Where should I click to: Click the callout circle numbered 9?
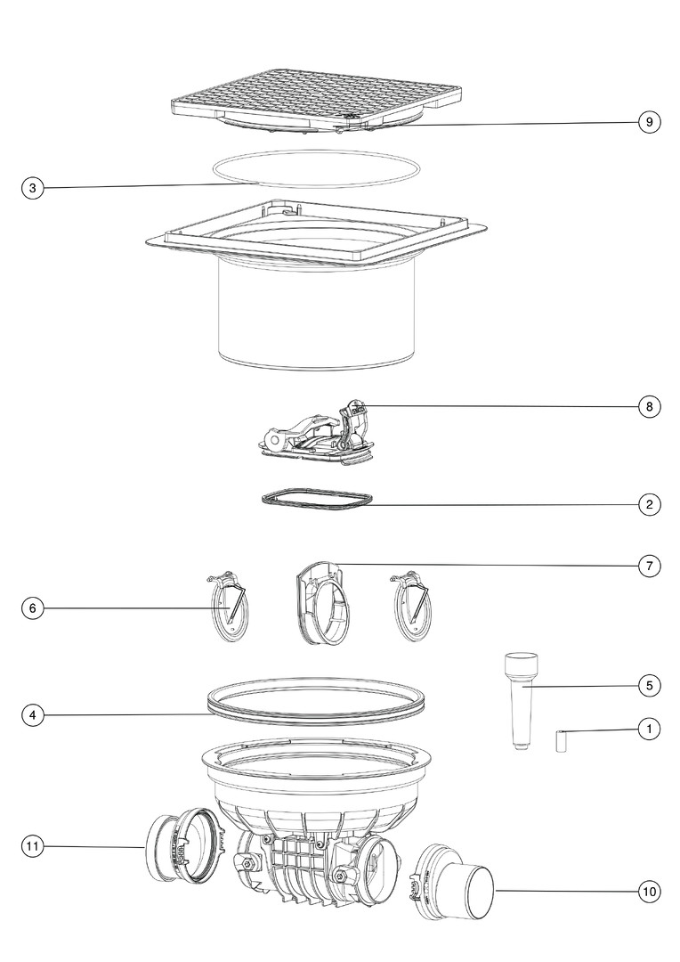click(650, 122)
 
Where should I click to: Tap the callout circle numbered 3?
click(33, 188)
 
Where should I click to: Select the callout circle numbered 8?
click(650, 406)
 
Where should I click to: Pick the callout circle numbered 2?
click(650, 505)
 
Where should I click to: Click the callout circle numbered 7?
click(650, 566)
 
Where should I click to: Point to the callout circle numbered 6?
click(33, 608)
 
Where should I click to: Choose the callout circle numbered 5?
click(650, 685)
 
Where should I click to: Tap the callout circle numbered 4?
click(33, 714)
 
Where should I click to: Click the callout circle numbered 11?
click(33, 847)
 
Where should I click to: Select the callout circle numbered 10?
click(650, 891)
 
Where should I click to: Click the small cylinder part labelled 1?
click(561, 741)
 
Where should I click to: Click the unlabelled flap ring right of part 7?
click(412, 607)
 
